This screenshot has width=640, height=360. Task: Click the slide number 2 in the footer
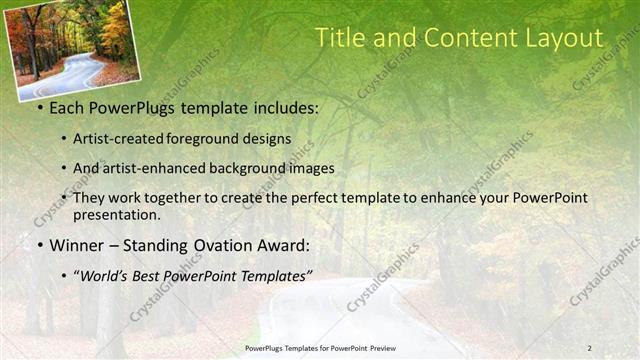coord(589,348)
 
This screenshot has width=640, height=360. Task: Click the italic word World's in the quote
coord(108,275)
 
